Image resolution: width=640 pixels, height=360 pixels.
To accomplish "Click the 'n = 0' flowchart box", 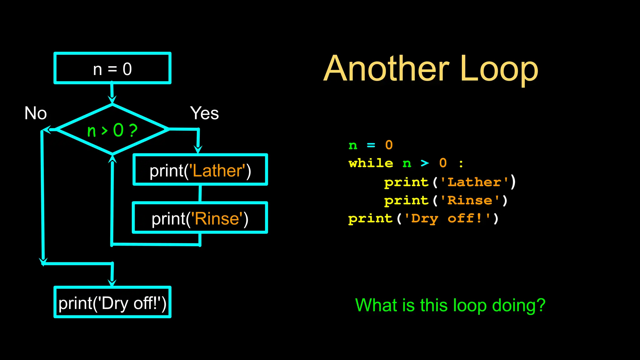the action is pyautogui.click(x=112, y=68).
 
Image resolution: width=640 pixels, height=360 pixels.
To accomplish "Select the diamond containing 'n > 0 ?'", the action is pyautogui.click(x=112, y=129).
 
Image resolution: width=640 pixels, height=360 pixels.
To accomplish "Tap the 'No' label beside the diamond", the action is pyautogui.click(x=36, y=113).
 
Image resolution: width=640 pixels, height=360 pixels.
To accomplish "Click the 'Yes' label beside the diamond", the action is pyautogui.click(x=204, y=113).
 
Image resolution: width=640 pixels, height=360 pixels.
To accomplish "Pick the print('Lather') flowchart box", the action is pyautogui.click(x=200, y=170).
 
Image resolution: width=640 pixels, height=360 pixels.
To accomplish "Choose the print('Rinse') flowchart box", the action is pyautogui.click(x=200, y=218).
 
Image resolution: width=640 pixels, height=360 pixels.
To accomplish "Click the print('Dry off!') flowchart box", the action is pyautogui.click(x=112, y=302).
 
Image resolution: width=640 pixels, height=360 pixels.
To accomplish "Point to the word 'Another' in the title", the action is pyautogui.click(x=386, y=69).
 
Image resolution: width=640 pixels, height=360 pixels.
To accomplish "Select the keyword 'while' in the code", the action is pyautogui.click(x=371, y=163).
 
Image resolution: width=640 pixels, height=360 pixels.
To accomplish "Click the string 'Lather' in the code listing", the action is pyautogui.click(x=474, y=182).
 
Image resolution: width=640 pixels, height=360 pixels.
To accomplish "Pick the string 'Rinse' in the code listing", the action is pyautogui.click(x=470, y=200).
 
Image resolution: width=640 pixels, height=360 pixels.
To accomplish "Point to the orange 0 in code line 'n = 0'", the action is pyautogui.click(x=389, y=145).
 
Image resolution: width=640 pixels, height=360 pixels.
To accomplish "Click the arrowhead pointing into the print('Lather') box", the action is pyautogui.click(x=198, y=149).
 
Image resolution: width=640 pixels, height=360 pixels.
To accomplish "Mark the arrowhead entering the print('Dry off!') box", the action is pyautogui.click(x=112, y=282).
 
